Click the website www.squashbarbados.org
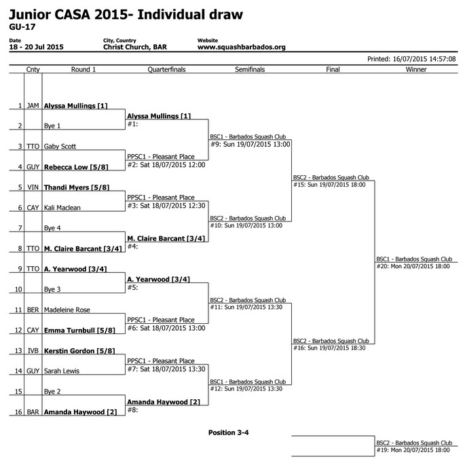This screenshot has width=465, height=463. point(242,47)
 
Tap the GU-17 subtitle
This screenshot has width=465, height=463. point(22,27)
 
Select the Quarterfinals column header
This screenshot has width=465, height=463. point(166,69)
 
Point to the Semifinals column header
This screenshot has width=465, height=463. point(250,69)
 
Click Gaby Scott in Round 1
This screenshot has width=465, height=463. point(60,147)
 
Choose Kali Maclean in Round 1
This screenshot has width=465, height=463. point(62,208)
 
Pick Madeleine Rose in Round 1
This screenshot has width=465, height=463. point(67,310)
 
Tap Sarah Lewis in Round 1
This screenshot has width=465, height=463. point(62,371)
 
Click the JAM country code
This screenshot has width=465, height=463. point(33,106)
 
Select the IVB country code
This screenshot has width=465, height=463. point(33,351)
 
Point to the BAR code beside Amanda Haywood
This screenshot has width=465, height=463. point(33,412)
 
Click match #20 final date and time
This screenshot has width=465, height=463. point(413,266)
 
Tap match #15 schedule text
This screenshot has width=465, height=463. point(329,185)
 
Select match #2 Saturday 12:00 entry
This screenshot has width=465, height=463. point(166,165)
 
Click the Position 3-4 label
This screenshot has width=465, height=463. point(228,432)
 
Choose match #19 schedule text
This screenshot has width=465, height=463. point(413,450)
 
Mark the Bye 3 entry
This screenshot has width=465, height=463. point(52,289)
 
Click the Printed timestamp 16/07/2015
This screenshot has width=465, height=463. point(411,59)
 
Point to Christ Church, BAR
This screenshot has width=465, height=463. point(135,47)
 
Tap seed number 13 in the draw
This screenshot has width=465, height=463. point(18,351)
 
